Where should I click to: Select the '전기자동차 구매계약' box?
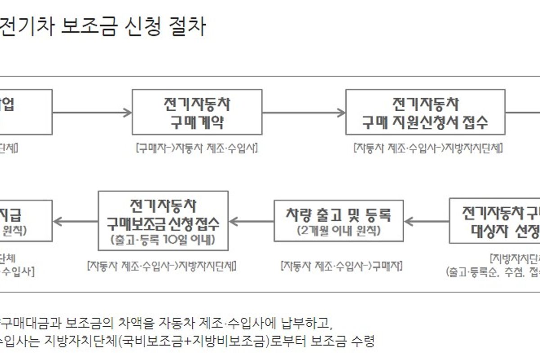click(x=197, y=112)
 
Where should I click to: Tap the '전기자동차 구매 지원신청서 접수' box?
click(x=425, y=112)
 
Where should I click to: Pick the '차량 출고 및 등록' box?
click(x=338, y=220)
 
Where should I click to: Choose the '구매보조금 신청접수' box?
click(x=163, y=220)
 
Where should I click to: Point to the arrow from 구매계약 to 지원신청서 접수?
click(x=304, y=112)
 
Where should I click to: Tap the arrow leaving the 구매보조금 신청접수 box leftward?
click(x=76, y=221)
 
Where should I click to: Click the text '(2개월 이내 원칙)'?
click(x=338, y=231)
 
